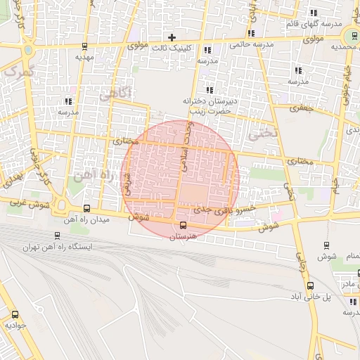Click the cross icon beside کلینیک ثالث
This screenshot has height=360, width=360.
click(172, 37)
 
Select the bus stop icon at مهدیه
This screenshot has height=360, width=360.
click(85, 47)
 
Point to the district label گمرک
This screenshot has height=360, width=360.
click(18, 70)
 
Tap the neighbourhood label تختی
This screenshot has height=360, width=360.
click(269, 132)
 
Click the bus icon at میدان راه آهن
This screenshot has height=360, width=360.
click(86, 208)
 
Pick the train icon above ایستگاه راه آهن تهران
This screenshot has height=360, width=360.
click(56, 236)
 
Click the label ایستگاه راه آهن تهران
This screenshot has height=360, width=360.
click(58, 247)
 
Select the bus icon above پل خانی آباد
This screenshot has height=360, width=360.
click(311, 285)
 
